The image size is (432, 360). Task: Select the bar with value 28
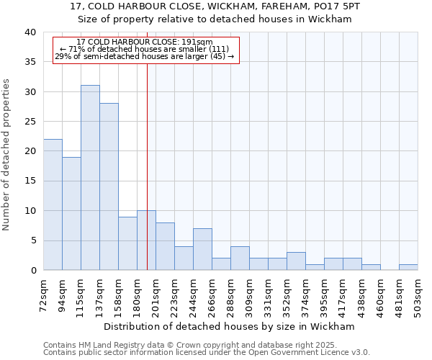pyautogui.click(x=109, y=186)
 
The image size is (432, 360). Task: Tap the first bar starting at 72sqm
pyautogui.click(x=53, y=204)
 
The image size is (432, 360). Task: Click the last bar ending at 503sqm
pyautogui.click(x=408, y=267)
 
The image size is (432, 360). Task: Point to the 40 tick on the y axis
pyautogui.click(x=30, y=32)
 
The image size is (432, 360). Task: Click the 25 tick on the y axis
pyautogui.click(x=30, y=122)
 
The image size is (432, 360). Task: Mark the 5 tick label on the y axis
pyautogui.click(x=32, y=240)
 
